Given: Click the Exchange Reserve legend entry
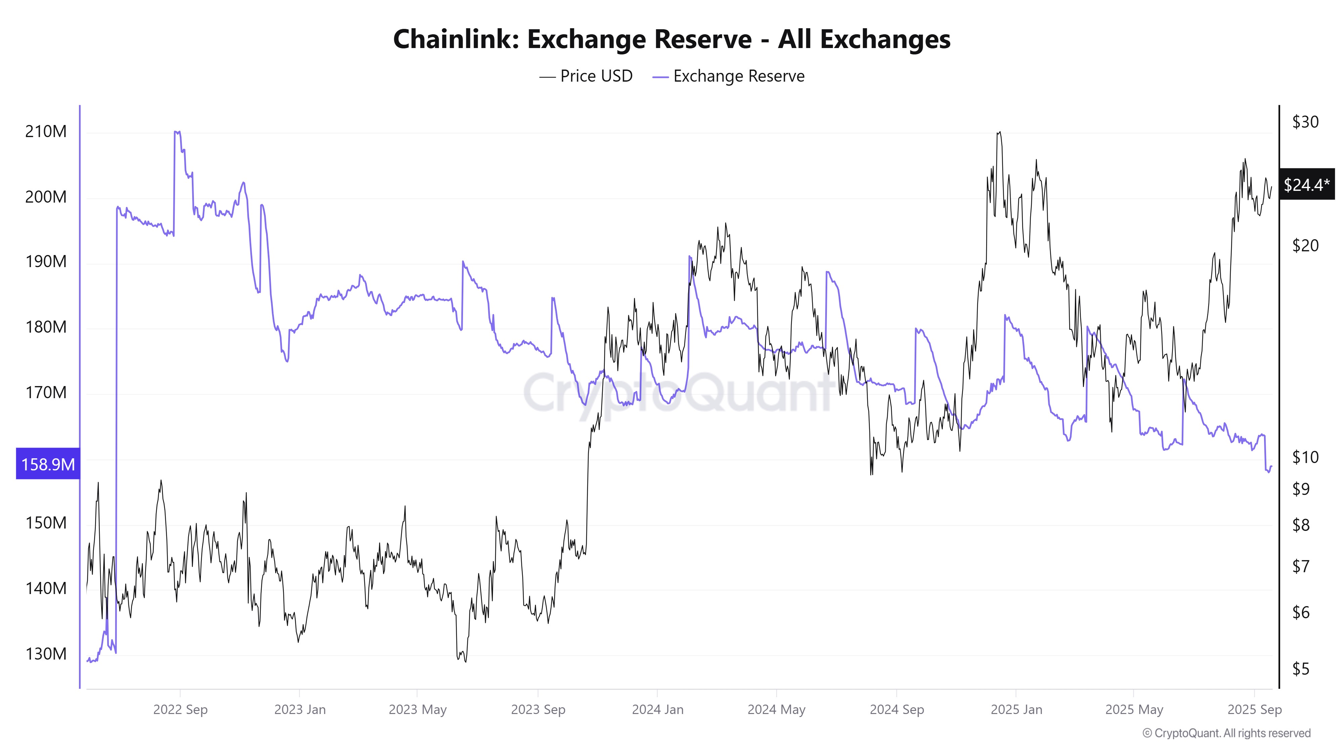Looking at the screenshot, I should click(728, 76).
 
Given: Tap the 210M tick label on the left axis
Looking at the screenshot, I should click(46, 131).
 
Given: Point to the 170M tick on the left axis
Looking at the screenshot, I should click(46, 392).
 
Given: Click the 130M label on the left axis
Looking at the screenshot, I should click(46, 654).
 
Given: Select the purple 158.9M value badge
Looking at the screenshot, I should click(47, 464).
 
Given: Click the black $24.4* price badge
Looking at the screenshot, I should click(1306, 184).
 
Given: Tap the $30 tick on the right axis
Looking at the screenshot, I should click(1305, 122).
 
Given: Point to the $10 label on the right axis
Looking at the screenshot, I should click(1305, 457).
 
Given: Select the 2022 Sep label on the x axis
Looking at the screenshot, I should click(180, 710).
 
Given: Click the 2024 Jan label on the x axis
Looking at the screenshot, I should click(658, 710).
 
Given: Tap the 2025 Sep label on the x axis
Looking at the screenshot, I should click(1254, 710).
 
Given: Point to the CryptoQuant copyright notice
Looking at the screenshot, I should click(1226, 733).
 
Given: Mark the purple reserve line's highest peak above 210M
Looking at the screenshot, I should click(176, 132).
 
